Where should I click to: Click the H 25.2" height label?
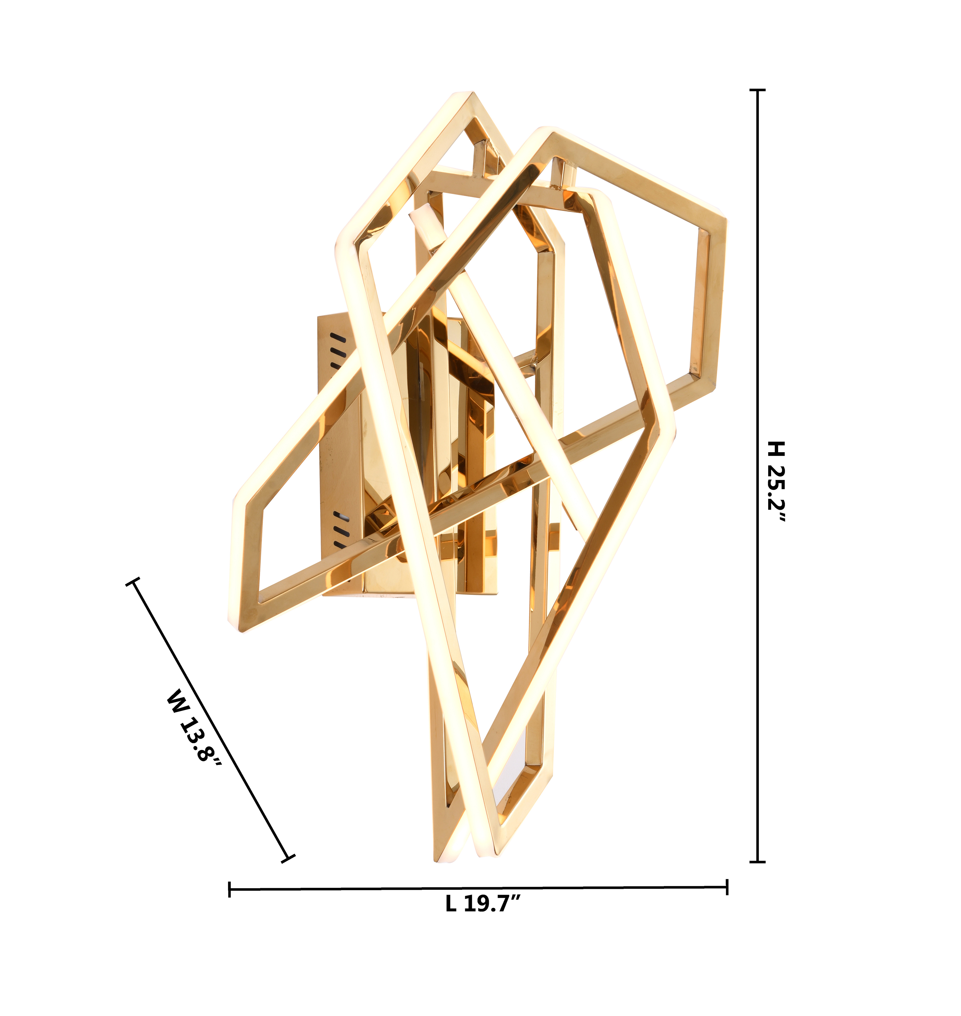point(776,481)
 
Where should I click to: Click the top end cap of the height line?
point(757,90)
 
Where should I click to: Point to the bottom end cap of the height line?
point(757,862)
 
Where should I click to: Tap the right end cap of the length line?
point(727,887)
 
